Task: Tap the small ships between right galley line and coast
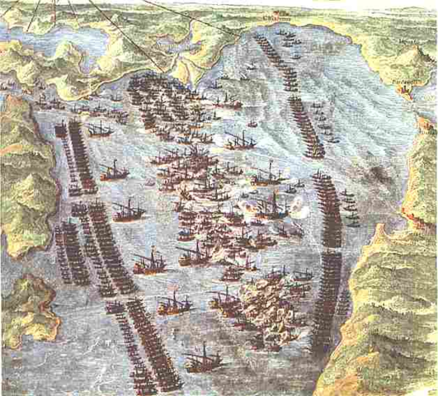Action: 351,206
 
